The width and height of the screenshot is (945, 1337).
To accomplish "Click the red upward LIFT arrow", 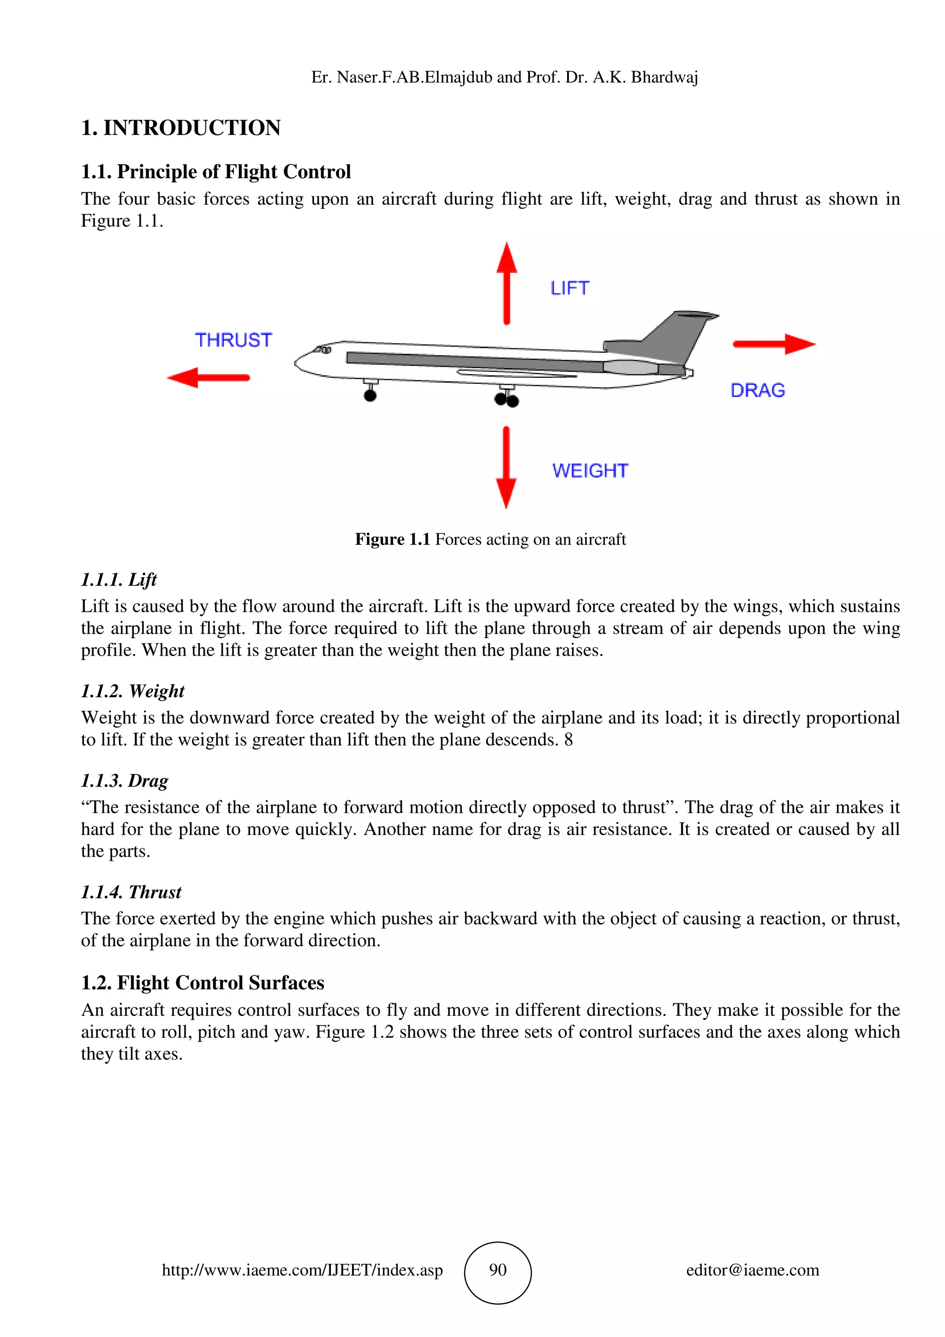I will coord(507,284).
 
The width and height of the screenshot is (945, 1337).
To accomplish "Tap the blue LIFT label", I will coord(569,288).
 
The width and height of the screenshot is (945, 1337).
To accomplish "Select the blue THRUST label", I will coord(233,340).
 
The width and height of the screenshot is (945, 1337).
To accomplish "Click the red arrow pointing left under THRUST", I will coord(209,377).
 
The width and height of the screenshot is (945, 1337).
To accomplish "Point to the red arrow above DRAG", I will coord(774,344).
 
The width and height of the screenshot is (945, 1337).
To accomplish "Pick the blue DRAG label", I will coord(758,390).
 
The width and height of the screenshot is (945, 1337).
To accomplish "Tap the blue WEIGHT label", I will coord(590,471).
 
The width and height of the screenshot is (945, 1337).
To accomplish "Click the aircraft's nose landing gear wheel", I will coord(370,395).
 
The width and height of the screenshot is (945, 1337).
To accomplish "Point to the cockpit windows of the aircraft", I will coord(323,350).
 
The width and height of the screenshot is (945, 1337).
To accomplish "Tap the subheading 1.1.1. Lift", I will coord(119,579).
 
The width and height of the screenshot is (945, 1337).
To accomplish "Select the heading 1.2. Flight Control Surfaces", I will coord(203,982).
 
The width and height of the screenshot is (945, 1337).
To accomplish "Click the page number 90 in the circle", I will coord(498,1270).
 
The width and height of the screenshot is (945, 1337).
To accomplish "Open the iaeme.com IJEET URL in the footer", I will coord(302,1270).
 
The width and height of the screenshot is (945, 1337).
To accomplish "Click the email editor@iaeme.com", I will coord(752,1270).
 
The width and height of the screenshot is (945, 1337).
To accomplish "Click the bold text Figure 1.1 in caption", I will coord(392,539).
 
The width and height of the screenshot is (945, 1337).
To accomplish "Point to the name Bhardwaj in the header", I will coord(664,77).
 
